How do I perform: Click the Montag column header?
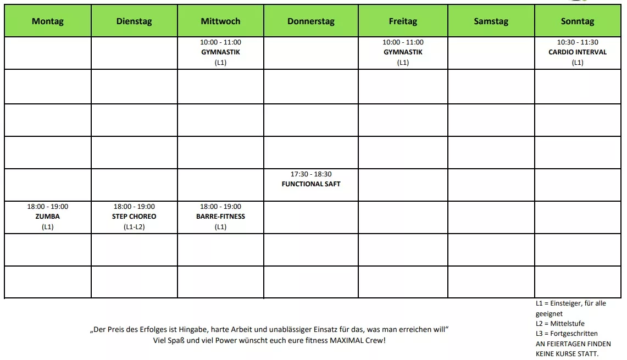(x=48, y=21)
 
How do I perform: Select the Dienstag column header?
(x=134, y=21)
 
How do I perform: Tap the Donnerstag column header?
(x=310, y=21)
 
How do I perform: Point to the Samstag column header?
(x=491, y=21)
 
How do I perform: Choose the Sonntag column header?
(x=578, y=21)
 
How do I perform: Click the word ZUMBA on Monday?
(x=48, y=217)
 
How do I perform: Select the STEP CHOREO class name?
(x=134, y=217)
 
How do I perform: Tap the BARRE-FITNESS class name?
(x=220, y=217)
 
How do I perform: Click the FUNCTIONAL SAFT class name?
(x=311, y=184)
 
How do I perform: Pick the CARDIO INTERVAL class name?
(x=578, y=52)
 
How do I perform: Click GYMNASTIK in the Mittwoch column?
(x=220, y=52)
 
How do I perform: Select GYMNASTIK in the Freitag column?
(x=403, y=52)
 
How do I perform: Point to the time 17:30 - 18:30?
(x=311, y=174)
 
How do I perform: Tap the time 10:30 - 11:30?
(x=578, y=42)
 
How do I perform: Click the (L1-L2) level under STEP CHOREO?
(x=134, y=226)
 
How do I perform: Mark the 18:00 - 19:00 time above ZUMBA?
(x=48, y=207)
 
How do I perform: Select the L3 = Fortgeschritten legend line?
(x=567, y=334)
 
